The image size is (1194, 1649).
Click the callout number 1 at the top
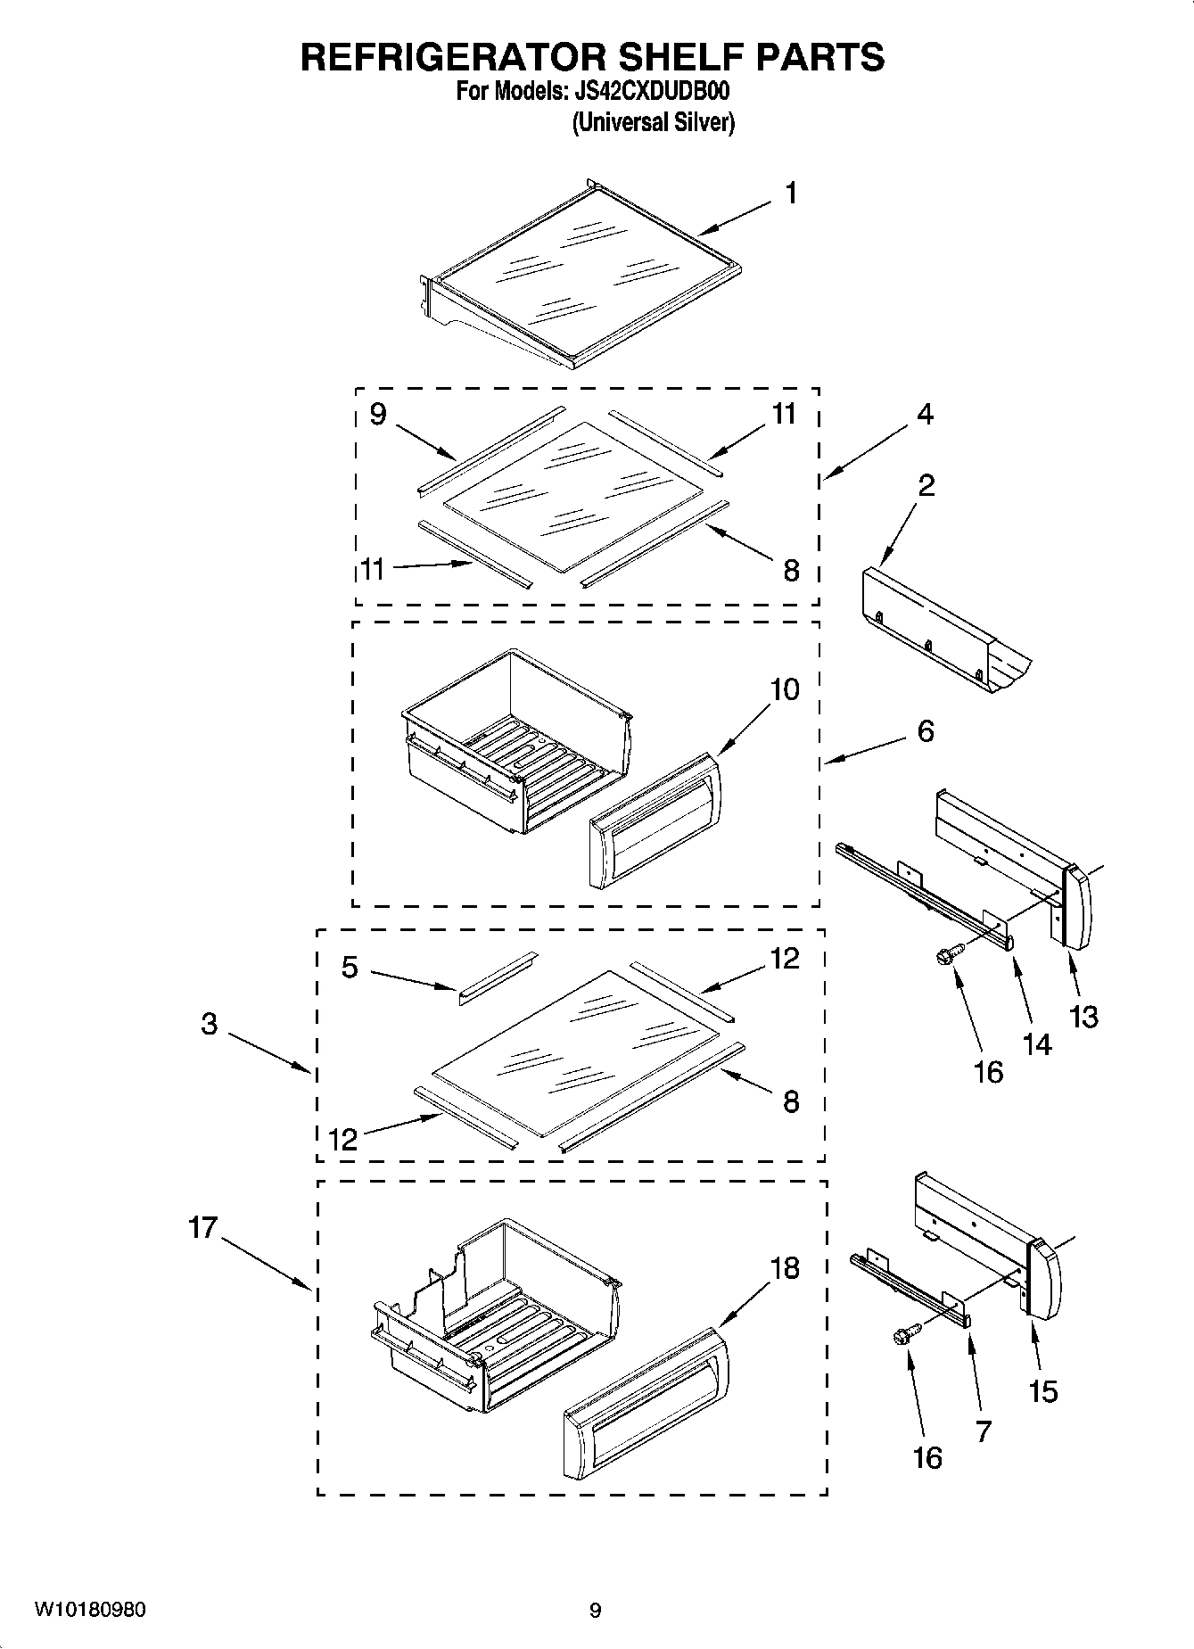790,194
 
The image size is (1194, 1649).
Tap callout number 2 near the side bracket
926,486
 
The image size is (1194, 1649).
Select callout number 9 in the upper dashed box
378,415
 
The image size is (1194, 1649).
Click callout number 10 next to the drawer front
785,689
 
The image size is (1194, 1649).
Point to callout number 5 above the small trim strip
350,967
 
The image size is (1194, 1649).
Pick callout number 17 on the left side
203,1228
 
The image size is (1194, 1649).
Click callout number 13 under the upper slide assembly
1083,1017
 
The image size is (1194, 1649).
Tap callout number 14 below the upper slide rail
1037,1043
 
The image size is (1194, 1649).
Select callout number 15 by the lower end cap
1043,1391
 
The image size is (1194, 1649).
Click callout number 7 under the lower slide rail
984,1431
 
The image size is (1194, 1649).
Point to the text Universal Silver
653,122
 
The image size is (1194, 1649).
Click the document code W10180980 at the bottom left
90,1610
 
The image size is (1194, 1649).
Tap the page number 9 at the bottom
596,1611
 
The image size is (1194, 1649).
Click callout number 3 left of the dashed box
209,1024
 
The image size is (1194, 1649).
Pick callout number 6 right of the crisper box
926,731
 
